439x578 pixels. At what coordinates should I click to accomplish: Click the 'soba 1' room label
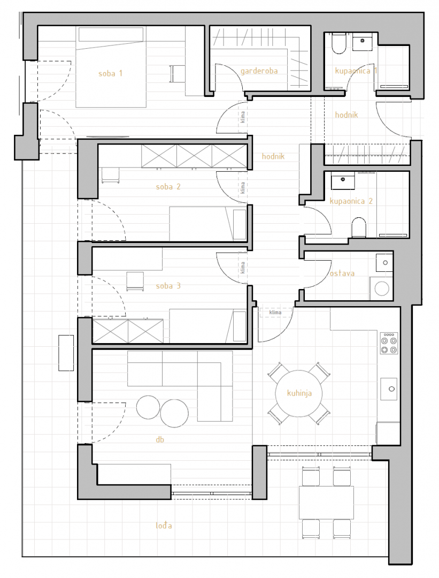(x=110, y=73)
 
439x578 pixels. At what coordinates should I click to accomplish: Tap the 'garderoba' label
(x=259, y=71)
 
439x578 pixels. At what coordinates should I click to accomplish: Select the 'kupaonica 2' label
(x=351, y=201)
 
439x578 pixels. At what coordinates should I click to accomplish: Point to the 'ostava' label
(x=342, y=273)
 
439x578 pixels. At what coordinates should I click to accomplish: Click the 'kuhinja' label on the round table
(x=299, y=393)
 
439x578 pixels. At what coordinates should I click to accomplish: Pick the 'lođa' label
(x=164, y=526)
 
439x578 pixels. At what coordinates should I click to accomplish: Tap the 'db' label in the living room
(x=160, y=439)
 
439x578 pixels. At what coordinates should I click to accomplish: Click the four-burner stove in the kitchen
(x=389, y=343)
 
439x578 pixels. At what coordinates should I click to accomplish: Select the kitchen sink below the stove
(x=389, y=389)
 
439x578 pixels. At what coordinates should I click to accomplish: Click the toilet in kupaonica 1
(x=338, y=44)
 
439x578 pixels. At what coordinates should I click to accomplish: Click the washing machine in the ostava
(x=382, y=288)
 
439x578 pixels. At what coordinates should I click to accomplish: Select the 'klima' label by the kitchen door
(x=275, y=313)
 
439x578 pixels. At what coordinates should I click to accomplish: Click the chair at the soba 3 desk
(x=135, y=282)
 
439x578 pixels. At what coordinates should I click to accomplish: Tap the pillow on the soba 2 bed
(x=240, y=224)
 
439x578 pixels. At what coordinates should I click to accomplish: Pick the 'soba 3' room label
(x=168, y=286)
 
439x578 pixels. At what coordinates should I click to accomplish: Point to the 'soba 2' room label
(x=168, y=187)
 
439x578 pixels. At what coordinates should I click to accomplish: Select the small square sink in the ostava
(x=384, y=263)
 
